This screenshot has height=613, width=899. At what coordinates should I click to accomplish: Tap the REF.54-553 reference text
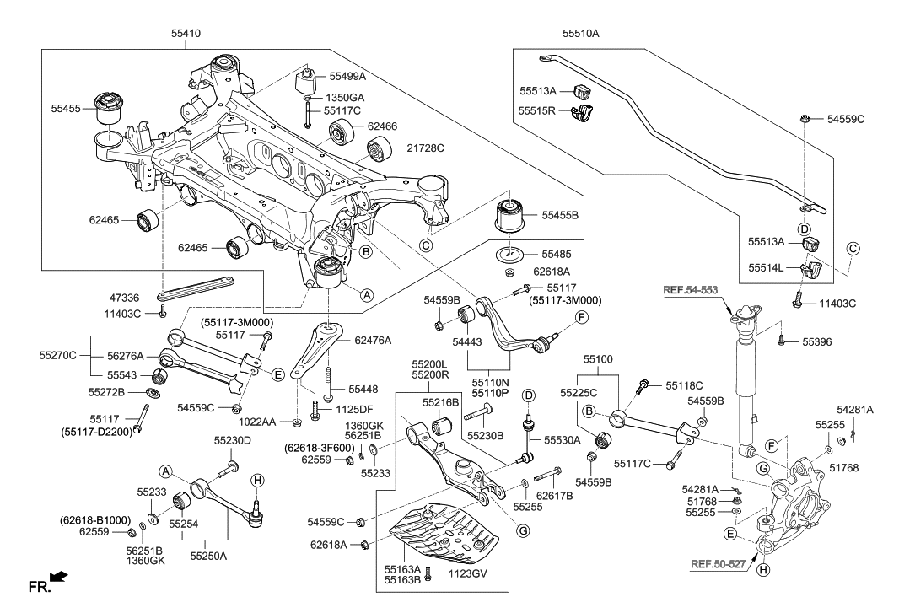[690, 290]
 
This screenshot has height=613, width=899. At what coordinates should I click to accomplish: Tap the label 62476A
[373, 341]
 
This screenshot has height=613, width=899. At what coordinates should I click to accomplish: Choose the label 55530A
[562, 439]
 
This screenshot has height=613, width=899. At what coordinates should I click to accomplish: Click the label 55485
[556, 253]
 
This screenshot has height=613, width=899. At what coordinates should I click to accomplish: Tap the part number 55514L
[767, 267]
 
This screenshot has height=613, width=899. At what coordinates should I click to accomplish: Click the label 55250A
[209, 557]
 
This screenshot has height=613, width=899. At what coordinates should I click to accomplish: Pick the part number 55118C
[684, 384]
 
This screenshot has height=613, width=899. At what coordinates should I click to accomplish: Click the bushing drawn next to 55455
[110, 106]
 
